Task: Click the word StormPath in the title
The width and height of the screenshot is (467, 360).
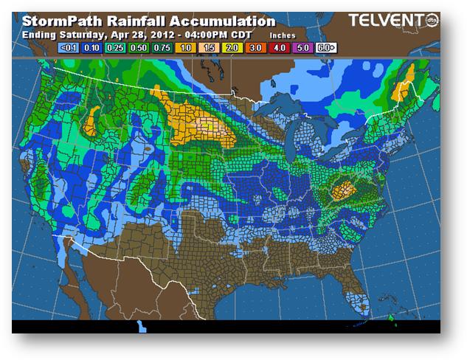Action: tap(57, 21)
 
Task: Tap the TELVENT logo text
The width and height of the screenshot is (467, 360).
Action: tap(377, 20)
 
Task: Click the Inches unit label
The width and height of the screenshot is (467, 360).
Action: tap(283, 35)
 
